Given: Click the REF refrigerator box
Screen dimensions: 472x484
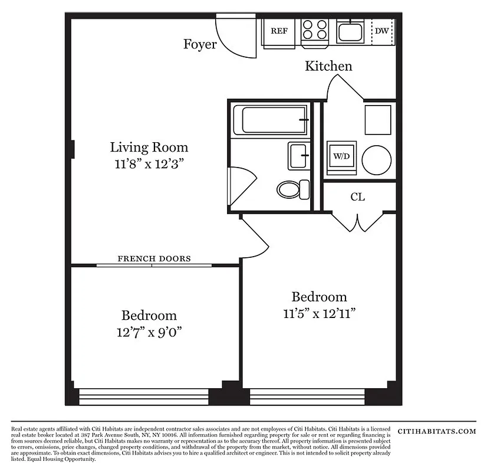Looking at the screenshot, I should click(x=279, y=31).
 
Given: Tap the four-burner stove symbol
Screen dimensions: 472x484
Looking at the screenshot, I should click(x=315, y=30).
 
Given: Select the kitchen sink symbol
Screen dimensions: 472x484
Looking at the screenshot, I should click(x=351, y=30).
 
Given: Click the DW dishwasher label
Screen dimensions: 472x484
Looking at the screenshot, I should click(x=382, y=31).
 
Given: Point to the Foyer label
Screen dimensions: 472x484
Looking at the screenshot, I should click(x=200, y=44).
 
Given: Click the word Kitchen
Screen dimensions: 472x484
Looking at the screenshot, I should click(x=328, y=66).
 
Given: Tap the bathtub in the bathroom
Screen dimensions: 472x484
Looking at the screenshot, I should click(x=269, y=120).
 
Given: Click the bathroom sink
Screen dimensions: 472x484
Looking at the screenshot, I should click(x=298, y=156).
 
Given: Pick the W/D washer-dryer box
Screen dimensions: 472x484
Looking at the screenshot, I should click(x=341, y=157).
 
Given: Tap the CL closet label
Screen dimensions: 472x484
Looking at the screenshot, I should click(x=358, y=197).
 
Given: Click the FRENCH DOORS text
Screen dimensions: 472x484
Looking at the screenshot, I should click(x=154, y=258).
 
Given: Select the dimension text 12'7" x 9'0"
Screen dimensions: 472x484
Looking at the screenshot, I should click(x=149, y=332).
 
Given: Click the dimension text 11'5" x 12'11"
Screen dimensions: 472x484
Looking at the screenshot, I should click(x=319, y=313).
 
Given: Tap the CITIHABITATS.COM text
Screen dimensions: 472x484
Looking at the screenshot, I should click(x=437, y=431).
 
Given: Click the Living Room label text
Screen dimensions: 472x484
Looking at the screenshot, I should click(x=149, y=147).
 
